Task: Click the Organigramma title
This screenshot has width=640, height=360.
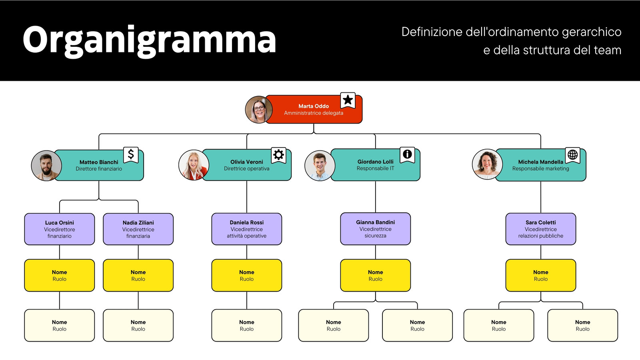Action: click(x=149, y=40)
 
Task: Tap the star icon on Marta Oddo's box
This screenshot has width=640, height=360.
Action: click(x=348, y=100)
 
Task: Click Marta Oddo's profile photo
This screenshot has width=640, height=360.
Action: click(x=259, y=110)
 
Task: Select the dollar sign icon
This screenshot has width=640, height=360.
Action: click(x=131, y=154)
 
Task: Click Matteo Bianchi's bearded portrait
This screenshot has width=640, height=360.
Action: click(x=46, y=166)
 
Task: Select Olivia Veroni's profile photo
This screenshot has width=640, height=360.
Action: click(x=194, y=165)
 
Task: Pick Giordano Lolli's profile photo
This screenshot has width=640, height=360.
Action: click(x=320, y=166)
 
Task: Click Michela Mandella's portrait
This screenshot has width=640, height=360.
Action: click(x=487, y=164)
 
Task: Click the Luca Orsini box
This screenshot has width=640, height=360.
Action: click(x=60, y=229)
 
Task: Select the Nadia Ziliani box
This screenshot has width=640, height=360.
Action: click(x=138, y=229)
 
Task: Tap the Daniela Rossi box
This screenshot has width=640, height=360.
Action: click(x=246, y=229)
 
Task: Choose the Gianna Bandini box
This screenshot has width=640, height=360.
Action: click(x=376, y=228)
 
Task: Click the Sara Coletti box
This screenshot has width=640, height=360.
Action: click(x=541, y=229)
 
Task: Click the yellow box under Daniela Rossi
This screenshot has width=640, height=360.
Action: click(x=246, y=276)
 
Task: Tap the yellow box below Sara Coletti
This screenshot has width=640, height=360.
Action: click(x=541, y=276)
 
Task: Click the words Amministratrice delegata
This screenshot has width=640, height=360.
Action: click(x=314, y=113)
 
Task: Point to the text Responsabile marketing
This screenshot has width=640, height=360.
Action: click(x=540, y=168)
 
